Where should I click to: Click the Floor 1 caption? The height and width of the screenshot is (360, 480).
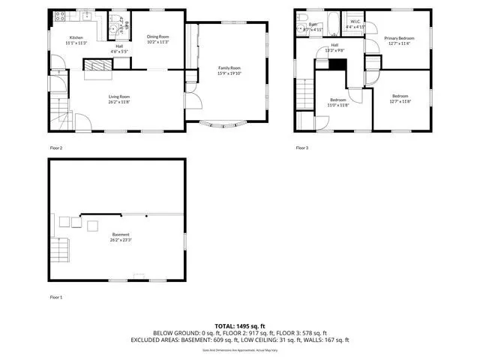[56, 298]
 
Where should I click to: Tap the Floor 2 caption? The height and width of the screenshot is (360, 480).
[56, 148]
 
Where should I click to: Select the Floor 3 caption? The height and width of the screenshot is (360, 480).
[301, 148]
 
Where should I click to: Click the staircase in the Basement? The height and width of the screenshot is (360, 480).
[61, 247]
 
